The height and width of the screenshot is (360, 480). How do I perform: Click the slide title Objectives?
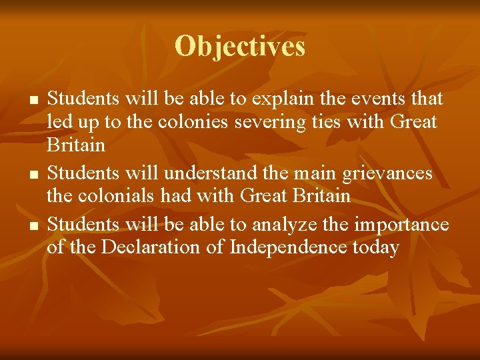(240, 47)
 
